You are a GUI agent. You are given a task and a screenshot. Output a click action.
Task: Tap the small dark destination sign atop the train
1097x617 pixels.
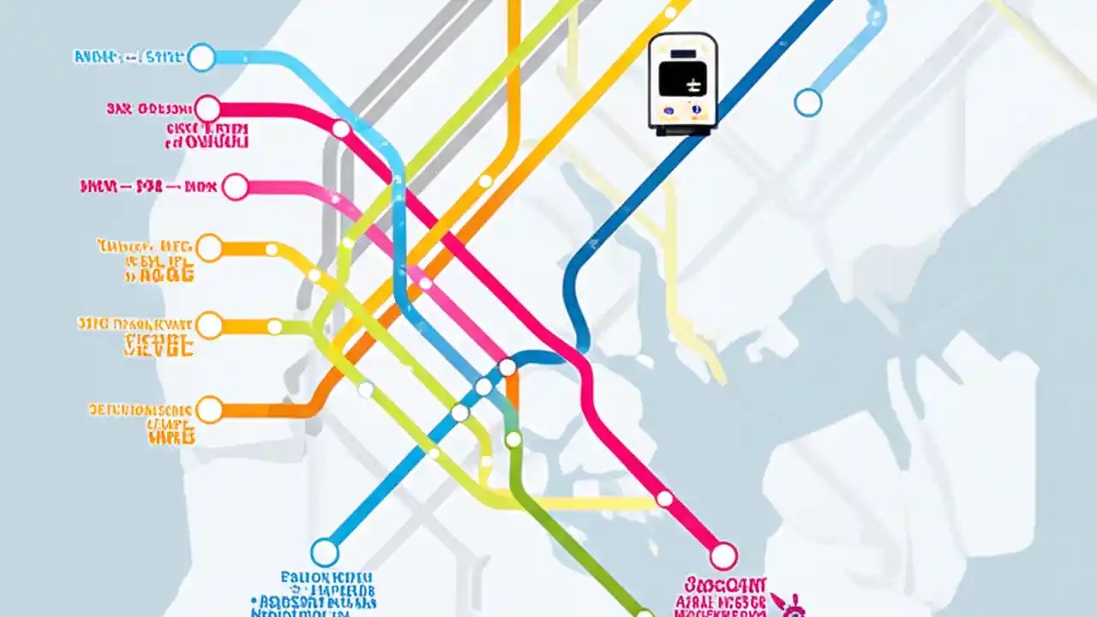click(682, 54)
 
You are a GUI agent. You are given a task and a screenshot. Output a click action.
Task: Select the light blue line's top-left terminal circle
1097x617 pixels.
click(201, 57)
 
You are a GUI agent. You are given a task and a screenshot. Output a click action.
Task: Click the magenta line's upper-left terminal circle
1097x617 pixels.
click(207, 109)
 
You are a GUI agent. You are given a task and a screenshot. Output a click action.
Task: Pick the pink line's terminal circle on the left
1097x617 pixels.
click(235, 187)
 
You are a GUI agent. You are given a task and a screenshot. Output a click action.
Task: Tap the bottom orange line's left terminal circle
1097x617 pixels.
click(209, 410)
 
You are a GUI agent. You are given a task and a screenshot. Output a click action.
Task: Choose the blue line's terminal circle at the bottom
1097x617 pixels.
click(325, 552)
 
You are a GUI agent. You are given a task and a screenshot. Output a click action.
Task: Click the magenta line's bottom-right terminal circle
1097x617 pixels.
click(723, 555)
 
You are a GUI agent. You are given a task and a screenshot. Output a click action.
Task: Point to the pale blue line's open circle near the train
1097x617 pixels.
click(807, 103)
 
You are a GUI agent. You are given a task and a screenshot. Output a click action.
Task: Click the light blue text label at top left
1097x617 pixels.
click(129, 57)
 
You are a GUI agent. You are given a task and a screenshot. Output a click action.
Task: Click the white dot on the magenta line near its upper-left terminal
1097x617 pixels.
click(341, 129)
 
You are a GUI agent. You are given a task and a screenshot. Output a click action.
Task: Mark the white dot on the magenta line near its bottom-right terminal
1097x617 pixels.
click(664, 498)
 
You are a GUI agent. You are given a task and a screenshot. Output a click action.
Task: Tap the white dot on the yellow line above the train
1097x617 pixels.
click(670, 13)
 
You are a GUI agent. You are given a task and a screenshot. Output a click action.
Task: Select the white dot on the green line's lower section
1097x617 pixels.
click(513, 440)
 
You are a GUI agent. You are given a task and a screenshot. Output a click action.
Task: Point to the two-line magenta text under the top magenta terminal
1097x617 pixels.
click(207, 135)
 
